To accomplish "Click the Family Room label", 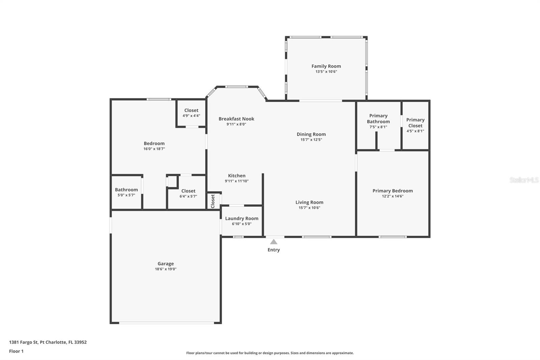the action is (326, 66).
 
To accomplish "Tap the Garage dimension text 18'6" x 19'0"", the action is (166, 269).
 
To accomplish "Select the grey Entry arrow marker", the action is (273, 242).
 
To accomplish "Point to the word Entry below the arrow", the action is (274, 250).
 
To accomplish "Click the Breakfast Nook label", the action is (236, 119).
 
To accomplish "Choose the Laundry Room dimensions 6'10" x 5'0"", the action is (242, 224).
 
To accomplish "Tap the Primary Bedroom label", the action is (393, 191).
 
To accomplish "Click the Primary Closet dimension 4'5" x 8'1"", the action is (415, 131).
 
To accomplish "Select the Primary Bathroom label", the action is (378, 119).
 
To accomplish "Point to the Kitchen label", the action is (237, 176).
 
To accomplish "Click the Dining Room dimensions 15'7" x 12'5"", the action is (311, 140).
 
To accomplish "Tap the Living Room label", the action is (309, 202).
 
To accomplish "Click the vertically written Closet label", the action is (213, 201).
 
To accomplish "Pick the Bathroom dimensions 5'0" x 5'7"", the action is (126, 195).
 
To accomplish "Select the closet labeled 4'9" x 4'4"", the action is (191, 113).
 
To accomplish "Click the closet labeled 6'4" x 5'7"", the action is (188, 193).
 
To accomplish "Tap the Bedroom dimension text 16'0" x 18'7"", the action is (154, 149).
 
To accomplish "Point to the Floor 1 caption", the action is (16, 351).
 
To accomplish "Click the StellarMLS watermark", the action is (524, 180).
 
